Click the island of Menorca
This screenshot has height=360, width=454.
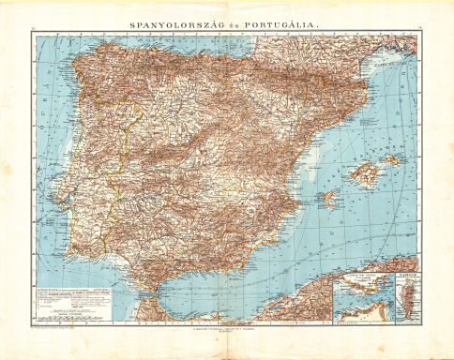coord(392,160)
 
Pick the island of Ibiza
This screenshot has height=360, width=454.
coord(327,199)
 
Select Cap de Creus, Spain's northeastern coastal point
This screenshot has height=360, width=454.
coord(385,82)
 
